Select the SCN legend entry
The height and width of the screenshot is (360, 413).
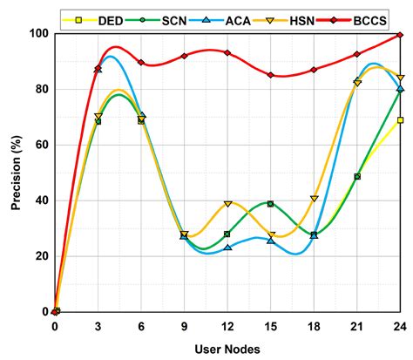point(167,17)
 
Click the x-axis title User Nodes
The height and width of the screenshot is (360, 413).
point(228,347)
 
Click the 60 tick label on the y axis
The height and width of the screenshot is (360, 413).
point(39,145)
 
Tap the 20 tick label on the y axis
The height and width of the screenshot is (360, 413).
point(39,255)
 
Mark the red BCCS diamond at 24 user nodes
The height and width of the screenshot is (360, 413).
point(400,35)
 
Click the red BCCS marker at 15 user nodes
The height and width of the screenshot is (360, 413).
point(271,76)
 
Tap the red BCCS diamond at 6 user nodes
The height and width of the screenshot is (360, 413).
point(141,63)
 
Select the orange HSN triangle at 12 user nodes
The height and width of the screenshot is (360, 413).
point(227,204)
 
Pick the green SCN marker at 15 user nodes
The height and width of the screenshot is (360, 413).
point(271,204)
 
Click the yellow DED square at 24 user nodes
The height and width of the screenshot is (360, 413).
point(400,120)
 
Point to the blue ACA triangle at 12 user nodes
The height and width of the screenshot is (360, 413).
point(227,248)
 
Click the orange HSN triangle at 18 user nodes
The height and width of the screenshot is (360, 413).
point(314,199)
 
